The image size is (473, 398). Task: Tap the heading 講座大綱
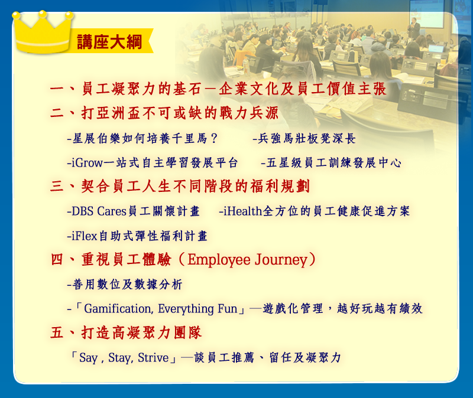tap(109, 41)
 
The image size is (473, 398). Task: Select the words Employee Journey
tap(247, 260)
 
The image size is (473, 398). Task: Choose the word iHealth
tap(242, 211)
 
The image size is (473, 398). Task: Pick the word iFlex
tap(85, 236)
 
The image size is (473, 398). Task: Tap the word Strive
tap(153, 358)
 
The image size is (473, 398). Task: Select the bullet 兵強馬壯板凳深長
tap(307, 139)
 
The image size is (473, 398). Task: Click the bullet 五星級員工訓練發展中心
tap(333, 163)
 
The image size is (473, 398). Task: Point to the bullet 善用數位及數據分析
tap(127, 285)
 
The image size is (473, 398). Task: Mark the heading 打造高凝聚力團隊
tap(141, 333)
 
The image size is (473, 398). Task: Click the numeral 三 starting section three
tap(57, 186)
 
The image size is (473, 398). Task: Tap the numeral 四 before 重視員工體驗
tap(57, 259)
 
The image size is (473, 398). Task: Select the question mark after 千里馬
tap(214, 139)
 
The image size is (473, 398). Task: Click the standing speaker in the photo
tap(414, 28)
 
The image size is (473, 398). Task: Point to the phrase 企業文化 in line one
tap(249, 89)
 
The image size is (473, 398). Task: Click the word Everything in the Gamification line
tap(186, 309)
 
